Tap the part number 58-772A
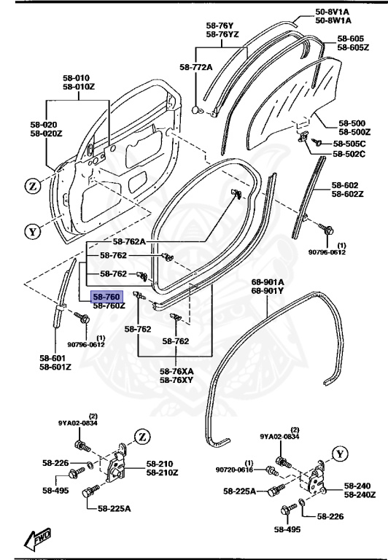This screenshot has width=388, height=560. [195, 67]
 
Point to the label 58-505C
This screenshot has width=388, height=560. [349, 144]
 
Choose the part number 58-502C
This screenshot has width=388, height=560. [349, 154]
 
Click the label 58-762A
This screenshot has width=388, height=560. [129, 241]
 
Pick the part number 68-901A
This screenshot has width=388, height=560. [268, 282]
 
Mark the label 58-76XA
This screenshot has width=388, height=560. [176, 371]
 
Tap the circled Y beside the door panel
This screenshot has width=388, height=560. [32, 233]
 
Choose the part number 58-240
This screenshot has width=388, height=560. [358, 486]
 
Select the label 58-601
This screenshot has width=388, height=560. [55, 358]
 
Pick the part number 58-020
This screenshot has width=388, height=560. [46, 124]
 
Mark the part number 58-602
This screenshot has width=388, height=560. [346, 185]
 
